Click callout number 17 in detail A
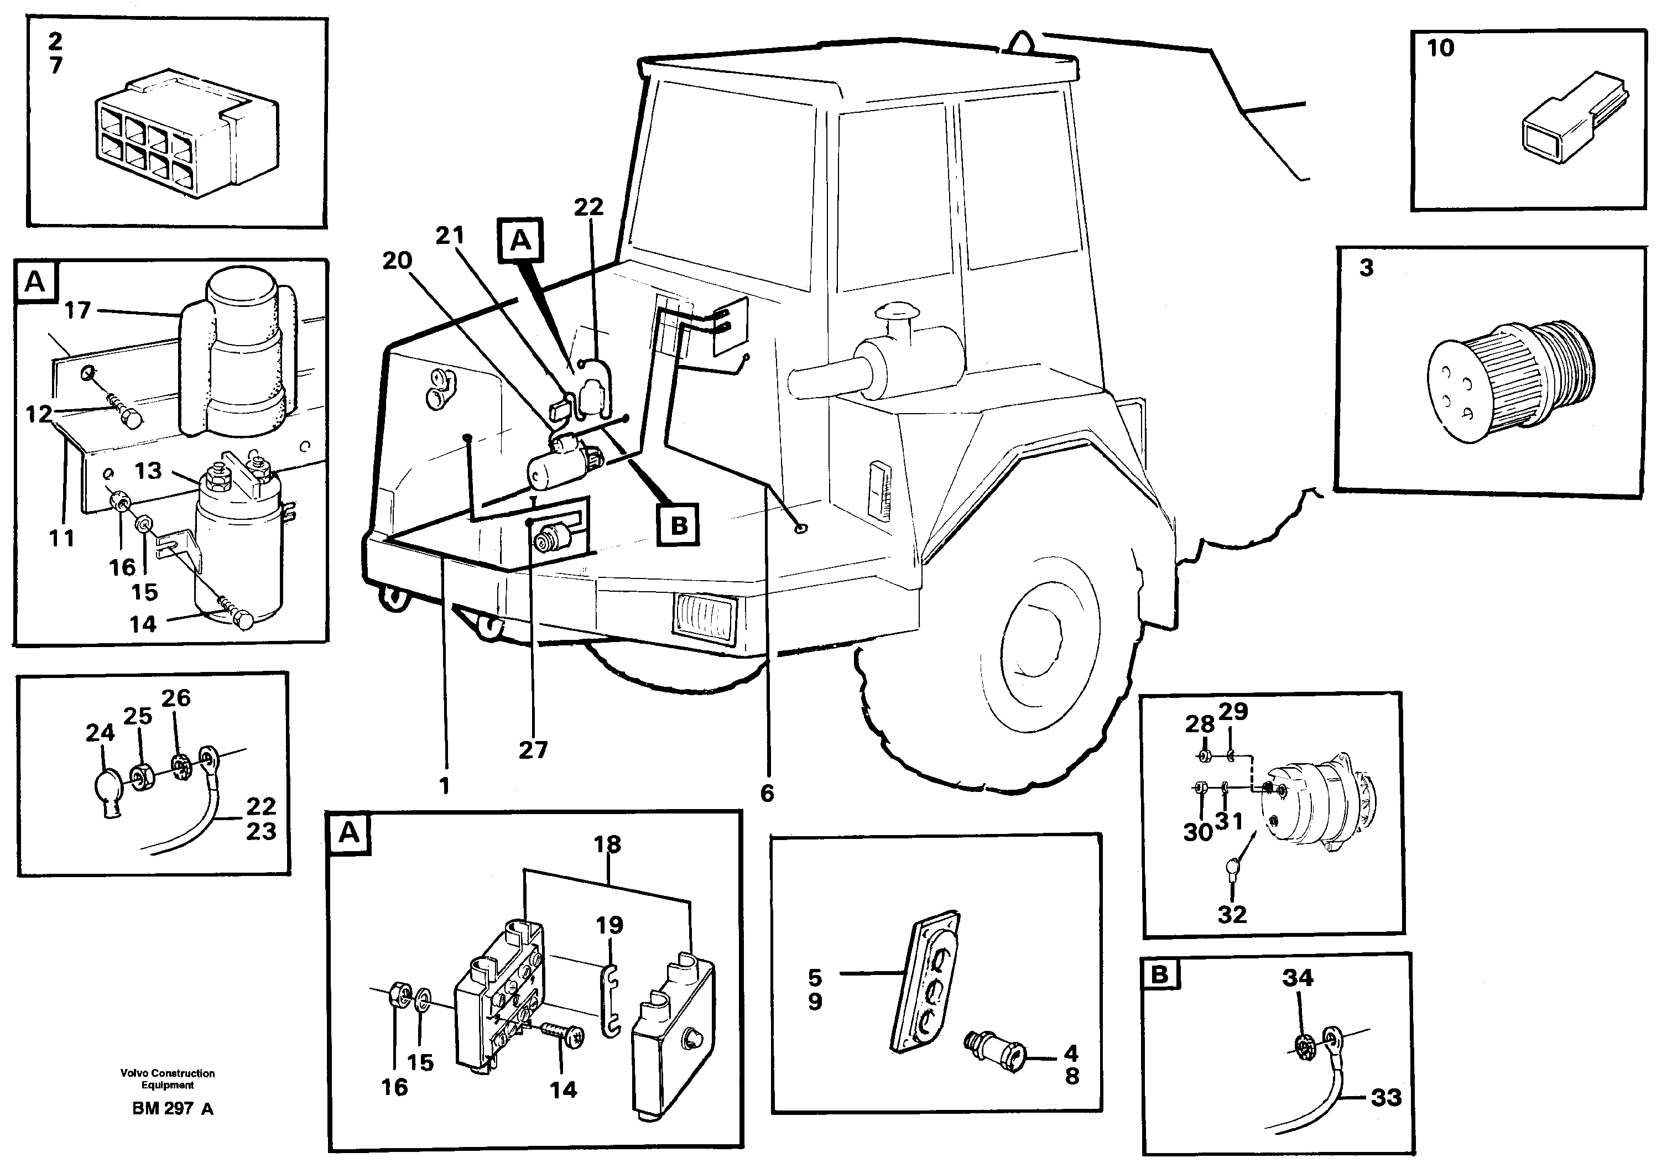(77, 311)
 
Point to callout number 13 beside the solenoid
(148, 471)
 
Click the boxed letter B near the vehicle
(678, 524)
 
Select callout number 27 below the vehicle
(533, 750)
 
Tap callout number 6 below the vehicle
(767, 794)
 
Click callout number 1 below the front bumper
(444, 785)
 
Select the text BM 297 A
(173, 1109)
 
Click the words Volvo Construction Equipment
(168, 1079)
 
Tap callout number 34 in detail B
(1298, 978)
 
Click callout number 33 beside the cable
(1385, 1098)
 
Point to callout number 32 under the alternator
(1232, 915)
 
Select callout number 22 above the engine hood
(588, 207)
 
